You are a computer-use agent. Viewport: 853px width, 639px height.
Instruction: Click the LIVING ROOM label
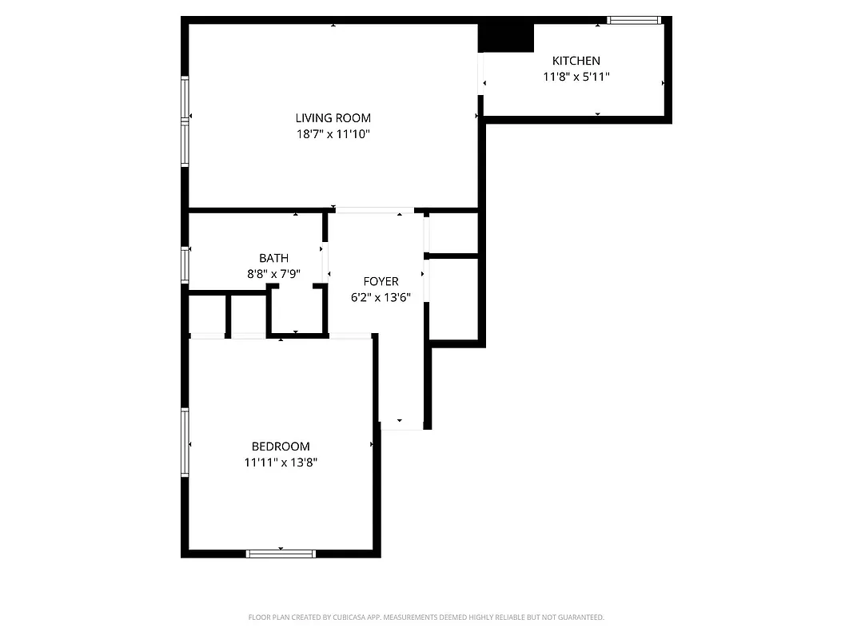pyautogui.click(x=333, y=118)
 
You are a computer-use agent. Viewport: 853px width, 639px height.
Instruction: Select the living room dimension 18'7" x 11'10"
pyautogui.click(x=333, y=134)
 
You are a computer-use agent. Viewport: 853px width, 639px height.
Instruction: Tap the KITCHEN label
pyautogui.click(x=576, y=61)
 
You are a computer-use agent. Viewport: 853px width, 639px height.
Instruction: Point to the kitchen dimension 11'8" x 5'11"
pyautogui.click(x=576, y=77)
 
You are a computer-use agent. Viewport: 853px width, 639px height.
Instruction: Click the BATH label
pyautogui.click(x=273, y=258)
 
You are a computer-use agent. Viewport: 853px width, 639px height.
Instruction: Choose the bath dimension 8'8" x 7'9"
pyautogui.click(x=273, y=274)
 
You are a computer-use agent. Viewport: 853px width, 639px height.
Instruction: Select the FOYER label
pyautogui.click(x=381, y=281)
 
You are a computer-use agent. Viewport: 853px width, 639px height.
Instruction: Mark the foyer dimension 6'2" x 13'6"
pyautogui.click(x=381, y=297)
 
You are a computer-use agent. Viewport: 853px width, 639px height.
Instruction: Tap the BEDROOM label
pyautogui.click(x=281, y=447)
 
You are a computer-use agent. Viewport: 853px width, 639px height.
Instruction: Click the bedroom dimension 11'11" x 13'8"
pyautogui.click(x=281, y=462)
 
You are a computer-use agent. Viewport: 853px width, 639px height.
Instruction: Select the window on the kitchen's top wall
pyautogui.click(x=634, y=20)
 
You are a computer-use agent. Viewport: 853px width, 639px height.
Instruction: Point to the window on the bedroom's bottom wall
pyautogui.click(x=281, y=553)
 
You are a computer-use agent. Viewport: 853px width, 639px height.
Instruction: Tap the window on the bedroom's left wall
pyautogui.click(x=185, y=442)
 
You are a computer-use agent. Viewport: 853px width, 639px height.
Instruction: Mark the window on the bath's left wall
pyautogui.click(x=185, y=264)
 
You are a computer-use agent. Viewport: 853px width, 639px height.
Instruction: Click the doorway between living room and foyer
pyautogui.click(x=373, y=210)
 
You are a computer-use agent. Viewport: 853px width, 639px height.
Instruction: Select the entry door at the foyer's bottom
pyautogui.click(x=401, y=429)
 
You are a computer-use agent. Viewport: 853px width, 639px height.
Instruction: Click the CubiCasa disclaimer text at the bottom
pyautogui.click(x=426, y=617)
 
